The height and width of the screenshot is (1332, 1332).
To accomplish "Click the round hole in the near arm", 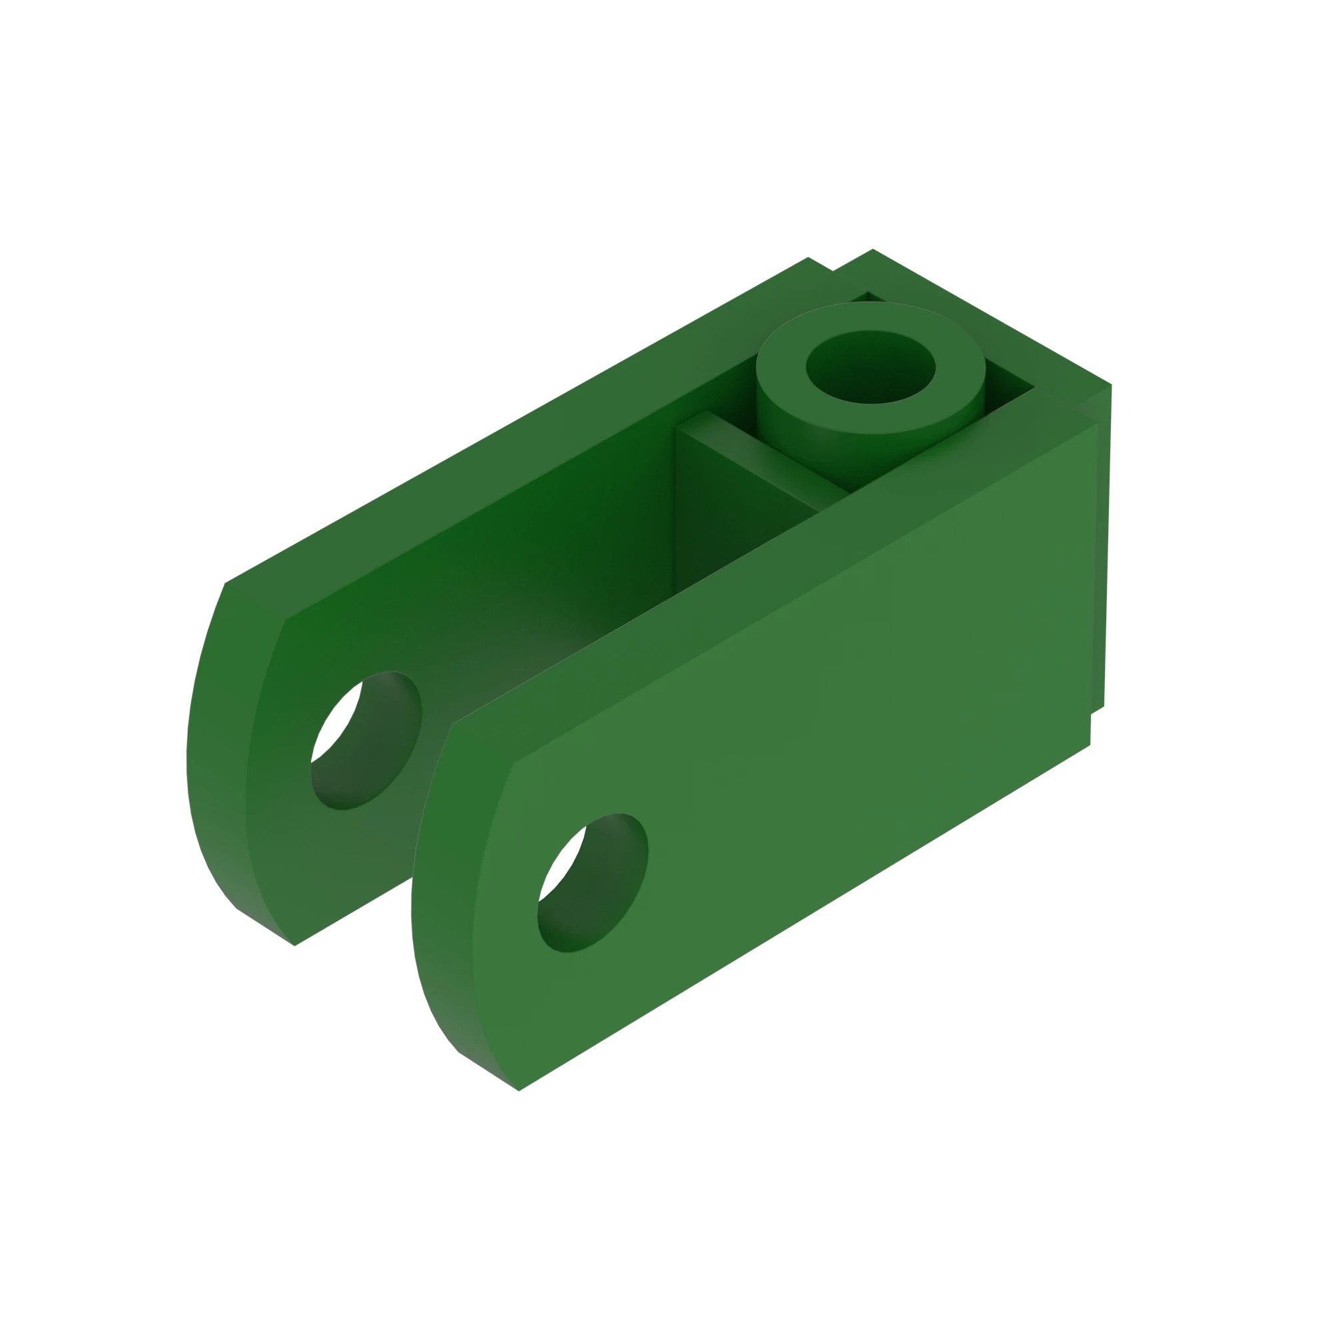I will coord(591,883).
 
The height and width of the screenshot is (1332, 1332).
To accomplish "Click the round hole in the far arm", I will coord(366,741).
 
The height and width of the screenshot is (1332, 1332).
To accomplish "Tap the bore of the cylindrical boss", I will coord(870,367).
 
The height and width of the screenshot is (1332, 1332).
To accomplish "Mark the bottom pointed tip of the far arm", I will coord(294,945).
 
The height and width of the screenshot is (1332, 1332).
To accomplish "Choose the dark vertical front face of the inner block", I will coord(731,531).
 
